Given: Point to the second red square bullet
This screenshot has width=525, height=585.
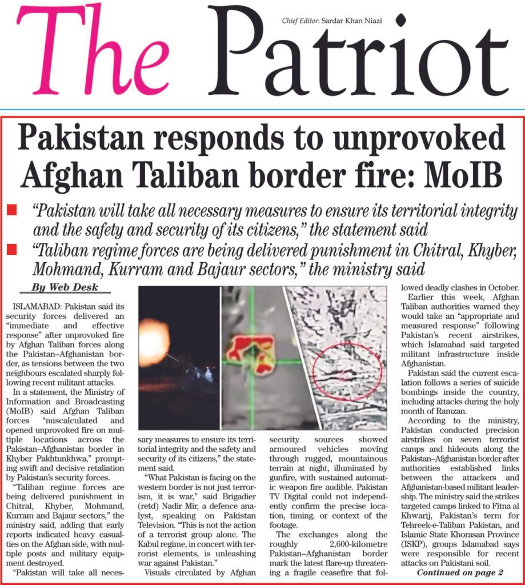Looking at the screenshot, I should pos(11,250).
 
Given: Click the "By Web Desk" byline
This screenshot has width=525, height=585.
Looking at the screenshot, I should pos(65,287).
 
